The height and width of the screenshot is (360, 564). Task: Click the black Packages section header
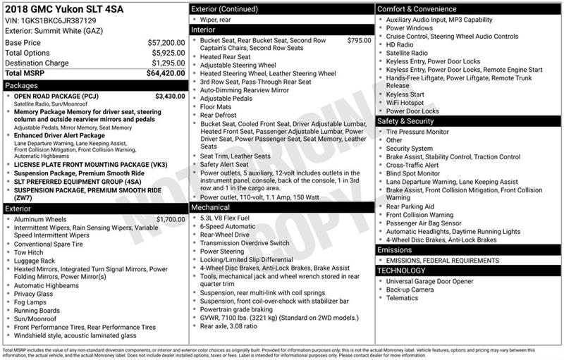(x=94, y=85)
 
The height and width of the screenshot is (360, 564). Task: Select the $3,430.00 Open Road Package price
(x=169, y=96)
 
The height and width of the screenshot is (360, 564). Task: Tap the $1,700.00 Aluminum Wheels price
(x=170, y=219)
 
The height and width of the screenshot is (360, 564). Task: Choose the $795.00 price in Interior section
(x=359, y=41)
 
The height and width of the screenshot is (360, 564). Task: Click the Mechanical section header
(x=281, y=208)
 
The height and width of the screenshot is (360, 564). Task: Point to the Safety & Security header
(x=468, y=121)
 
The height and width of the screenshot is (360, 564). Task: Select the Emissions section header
(x=468, y=250)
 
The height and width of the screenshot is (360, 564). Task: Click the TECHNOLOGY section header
(x=468, y=271)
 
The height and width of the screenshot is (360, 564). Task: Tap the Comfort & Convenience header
(x=468, y=8)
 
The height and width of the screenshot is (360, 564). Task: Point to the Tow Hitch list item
(x=29, y=252)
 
